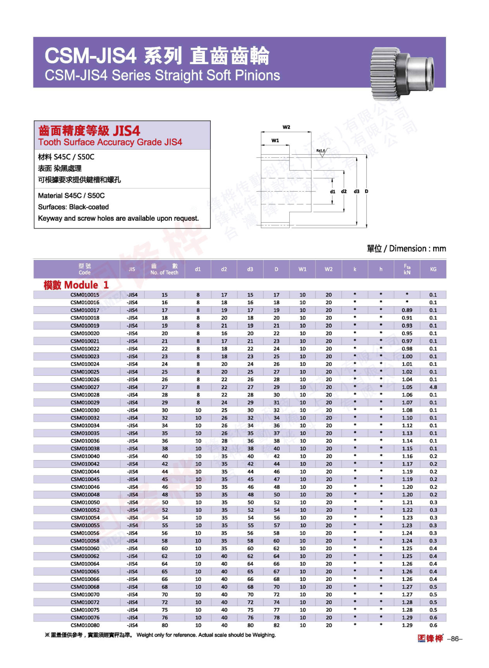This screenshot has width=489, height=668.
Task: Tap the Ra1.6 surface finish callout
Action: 321,151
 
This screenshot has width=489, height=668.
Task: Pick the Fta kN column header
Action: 407,269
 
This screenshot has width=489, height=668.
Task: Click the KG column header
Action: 433,269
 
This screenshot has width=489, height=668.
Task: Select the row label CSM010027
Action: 85,387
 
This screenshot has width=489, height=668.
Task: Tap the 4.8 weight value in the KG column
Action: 433,387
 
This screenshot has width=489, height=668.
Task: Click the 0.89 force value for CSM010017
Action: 407,310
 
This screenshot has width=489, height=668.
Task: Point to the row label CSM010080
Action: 85,625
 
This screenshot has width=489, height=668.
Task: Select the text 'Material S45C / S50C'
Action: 71,196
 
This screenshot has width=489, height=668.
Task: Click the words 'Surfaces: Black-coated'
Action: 73,207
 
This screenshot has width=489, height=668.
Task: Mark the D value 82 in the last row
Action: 276,625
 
